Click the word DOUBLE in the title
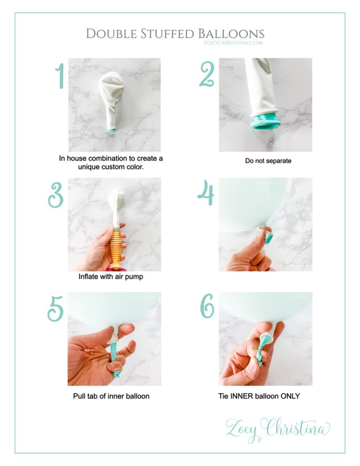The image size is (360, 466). pos(111,34)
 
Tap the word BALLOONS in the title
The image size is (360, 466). pos(231,34)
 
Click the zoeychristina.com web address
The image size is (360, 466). pos(233,42)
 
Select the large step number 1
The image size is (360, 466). pos(60,76)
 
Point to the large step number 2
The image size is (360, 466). pos(207,74)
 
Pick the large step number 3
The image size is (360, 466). pos(56,195)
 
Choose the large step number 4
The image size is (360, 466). pos(206,192)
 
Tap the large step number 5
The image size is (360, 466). pos(56,309)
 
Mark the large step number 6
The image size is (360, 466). pos(207,306)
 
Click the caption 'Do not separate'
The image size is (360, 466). pos(268,161)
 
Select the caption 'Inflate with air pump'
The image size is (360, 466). pos(111,277)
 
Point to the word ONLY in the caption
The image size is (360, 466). pos(290,396)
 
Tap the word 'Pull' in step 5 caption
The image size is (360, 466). pos(79,396)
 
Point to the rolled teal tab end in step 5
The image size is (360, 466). pos(116,373)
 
